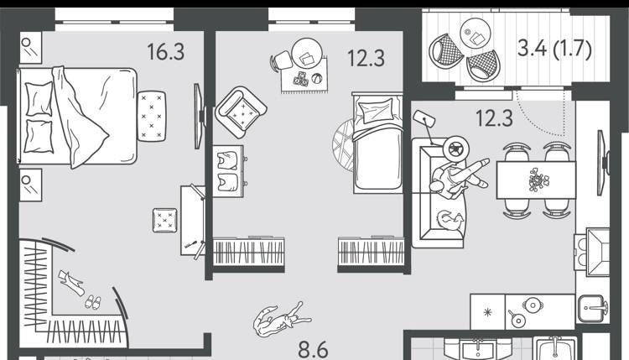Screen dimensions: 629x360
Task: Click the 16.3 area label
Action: pos(166,52)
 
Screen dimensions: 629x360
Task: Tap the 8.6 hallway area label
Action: pos(313,351)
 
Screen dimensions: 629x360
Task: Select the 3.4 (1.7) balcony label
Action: pos(554,48)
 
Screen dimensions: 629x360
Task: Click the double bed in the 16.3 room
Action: pos(77,117)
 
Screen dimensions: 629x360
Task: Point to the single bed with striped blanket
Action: pos(377,143)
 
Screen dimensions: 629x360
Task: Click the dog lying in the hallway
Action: pos(281,319)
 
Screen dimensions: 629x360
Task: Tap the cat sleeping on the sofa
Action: pos(450,221)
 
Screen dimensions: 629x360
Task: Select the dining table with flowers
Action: pos(536,180)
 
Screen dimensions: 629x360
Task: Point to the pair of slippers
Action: pos(92,302)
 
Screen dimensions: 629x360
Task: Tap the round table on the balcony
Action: pos(476,34)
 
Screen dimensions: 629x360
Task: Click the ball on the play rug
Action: pos(316,79)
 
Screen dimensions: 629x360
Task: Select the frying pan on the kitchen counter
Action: pos(516,318)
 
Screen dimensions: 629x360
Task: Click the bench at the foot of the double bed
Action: pos(151,116)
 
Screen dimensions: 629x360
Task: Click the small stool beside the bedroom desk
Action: pos(165,221)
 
